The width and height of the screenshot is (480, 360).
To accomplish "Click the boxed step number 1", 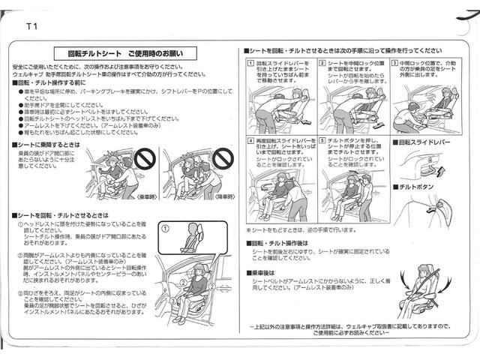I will click(x=250, y=64).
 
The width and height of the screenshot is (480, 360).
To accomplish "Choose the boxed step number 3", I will click(x=394, y=64).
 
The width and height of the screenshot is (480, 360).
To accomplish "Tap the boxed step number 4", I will click(x=250, y=139).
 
